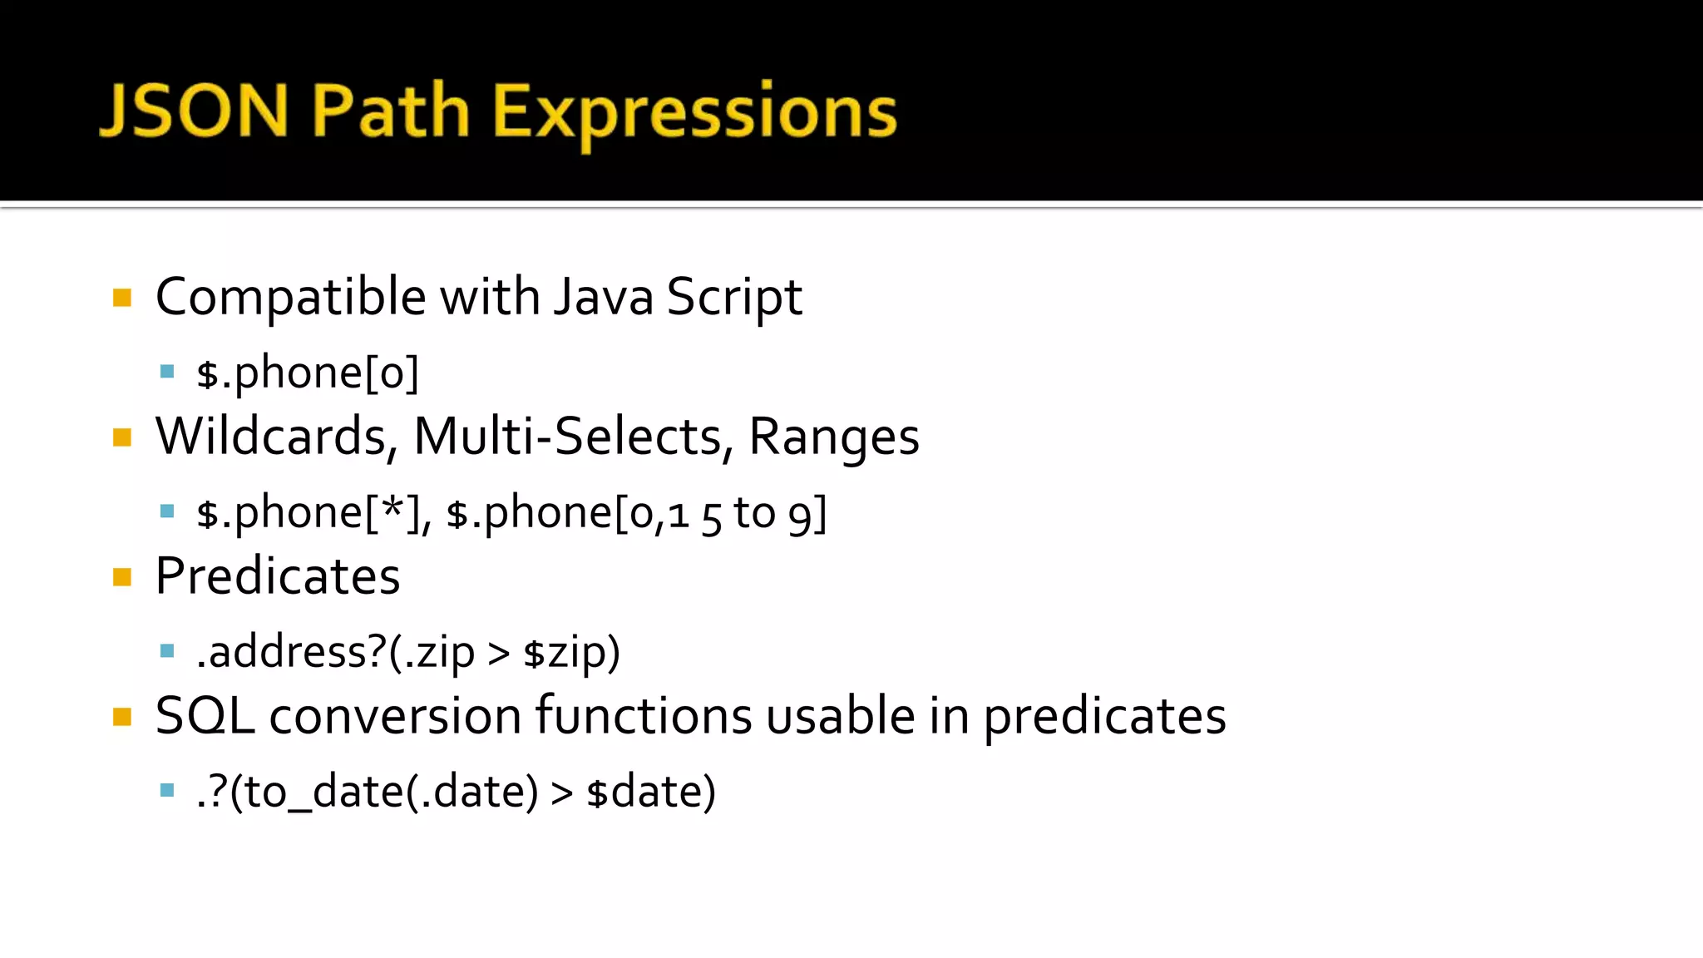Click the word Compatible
point(290,297)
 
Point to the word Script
point(733,297)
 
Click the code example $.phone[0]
point(308,373)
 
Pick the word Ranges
point(834,437)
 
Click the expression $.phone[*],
point(314,512)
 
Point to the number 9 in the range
point(800,514)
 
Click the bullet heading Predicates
point(278,575)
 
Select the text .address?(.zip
point(335,652)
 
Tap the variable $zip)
point(572,653)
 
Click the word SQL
point(205,715)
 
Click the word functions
point(643,715)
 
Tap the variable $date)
point(651,792)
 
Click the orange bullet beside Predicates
point(122,577)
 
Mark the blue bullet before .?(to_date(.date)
point(167,790)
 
